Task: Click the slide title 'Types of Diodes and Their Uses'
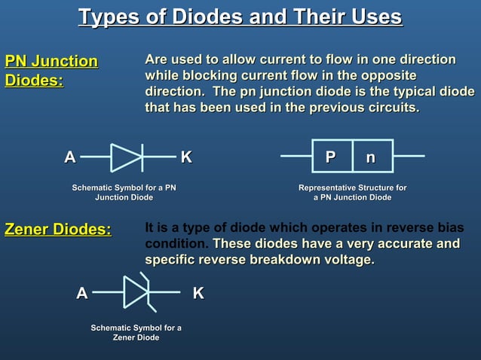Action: pos(240,17)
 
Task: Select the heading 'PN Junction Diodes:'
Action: pos(51,70)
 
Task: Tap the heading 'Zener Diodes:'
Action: pos(58,229)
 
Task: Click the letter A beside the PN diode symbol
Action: pos(69,157)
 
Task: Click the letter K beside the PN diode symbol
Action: pos(186,157)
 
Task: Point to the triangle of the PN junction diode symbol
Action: pos(124,157)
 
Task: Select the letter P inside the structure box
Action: pos(330,157)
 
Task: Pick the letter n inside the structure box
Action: pos(370,157)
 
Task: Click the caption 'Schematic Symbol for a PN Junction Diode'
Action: pos(124,192)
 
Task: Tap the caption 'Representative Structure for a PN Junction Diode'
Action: pos(352,192)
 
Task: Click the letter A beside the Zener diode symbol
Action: pos(81,293)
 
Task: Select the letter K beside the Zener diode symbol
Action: pos(198,293)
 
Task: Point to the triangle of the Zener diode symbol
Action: pos(136,292)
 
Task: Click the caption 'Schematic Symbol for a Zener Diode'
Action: pos(136,332)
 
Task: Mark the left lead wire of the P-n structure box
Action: pos(296,157)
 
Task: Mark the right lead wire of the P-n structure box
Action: pos(408,157)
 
